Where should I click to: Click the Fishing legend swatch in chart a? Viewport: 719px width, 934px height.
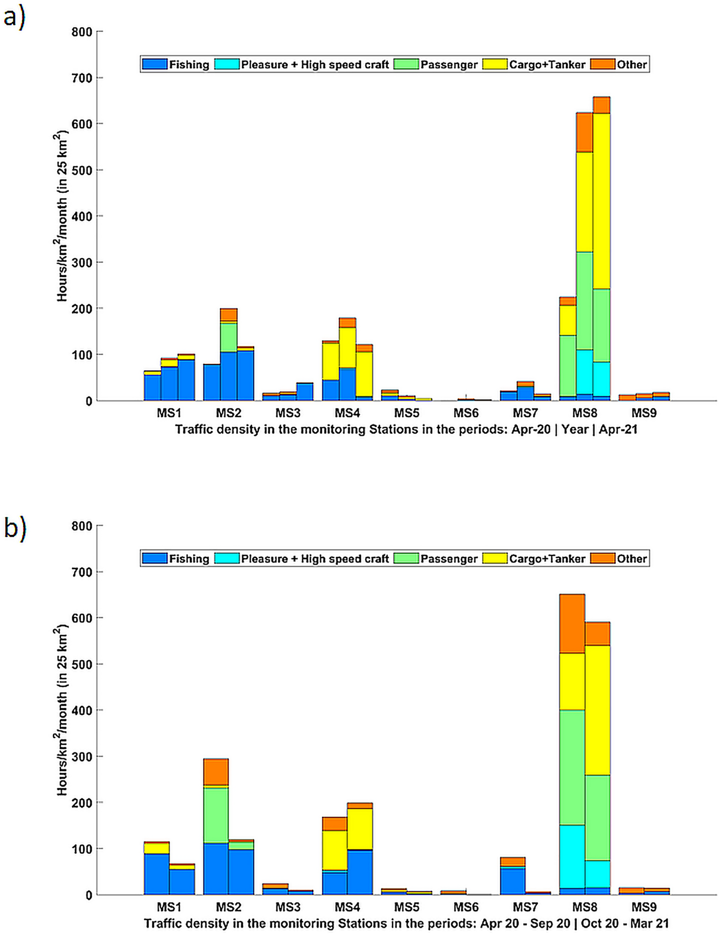click(x=155, y=64)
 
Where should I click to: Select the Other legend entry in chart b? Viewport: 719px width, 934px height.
click(x=631, y=559)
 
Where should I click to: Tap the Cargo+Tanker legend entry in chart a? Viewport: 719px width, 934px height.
click(x=547, y=64)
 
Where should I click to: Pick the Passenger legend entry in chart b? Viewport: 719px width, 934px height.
click(x=448, y=559)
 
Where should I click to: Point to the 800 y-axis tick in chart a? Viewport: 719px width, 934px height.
click(x=83, y=32)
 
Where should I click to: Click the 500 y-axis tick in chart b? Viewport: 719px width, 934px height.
click(x=83, y=664)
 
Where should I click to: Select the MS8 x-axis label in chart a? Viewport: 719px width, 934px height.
click(x=584, y=413)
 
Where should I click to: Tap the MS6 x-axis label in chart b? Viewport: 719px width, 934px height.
click(x=466, y=907)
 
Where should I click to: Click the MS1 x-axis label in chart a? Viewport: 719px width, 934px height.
click(x=169, y=413)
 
